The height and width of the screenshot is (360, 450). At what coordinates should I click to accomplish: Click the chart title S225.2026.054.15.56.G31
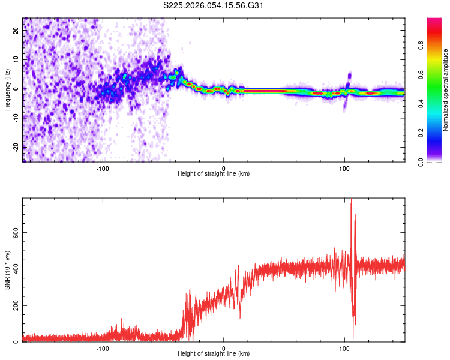pos(214,6)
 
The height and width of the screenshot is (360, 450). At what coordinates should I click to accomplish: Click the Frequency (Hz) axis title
pos(8,90)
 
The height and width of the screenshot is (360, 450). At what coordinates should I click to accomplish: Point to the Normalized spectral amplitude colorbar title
pos(446,90)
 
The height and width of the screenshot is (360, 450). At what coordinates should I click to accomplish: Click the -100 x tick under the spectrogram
pos(103,167)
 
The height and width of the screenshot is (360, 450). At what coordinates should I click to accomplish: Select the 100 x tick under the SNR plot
pos(344,348)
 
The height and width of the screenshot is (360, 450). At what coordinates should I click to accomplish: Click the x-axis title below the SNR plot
pos(214,354)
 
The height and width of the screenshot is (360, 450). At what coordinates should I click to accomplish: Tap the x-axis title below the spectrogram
pos(214,173)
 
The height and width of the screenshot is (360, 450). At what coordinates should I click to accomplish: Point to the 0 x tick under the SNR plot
pos(224,348)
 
